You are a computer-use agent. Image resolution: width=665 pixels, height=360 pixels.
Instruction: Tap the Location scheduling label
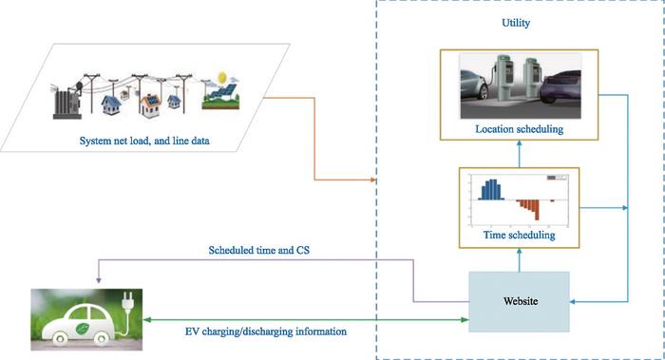(x=520, y=129)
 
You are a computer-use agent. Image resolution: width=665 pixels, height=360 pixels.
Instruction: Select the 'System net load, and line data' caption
(x=144, y=143)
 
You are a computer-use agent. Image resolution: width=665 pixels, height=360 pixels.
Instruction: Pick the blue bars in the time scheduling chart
(x=492, y=190)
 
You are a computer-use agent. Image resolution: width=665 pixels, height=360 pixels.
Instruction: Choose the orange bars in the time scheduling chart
(x=530, y=206)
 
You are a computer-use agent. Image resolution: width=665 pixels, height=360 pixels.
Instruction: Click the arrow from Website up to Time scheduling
(x=520, y=258)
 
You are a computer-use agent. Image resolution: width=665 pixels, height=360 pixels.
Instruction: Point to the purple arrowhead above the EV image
(x=98, y=279)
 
